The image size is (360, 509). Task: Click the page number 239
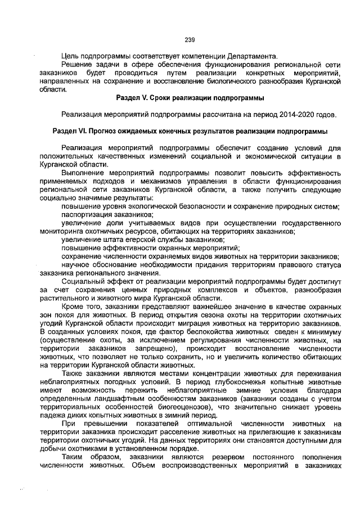coord(190,39)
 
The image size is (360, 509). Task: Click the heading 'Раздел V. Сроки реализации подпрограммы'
coord(190,98)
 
